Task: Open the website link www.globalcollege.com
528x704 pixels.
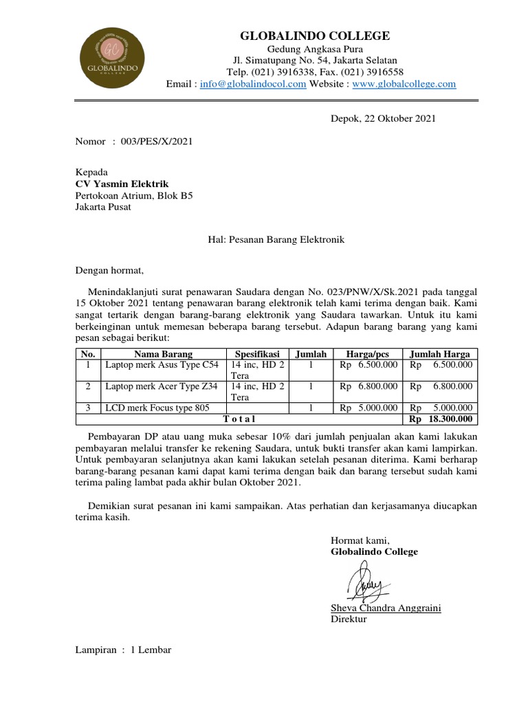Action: tap(404, 84)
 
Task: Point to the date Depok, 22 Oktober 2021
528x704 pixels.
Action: tap(379, 118)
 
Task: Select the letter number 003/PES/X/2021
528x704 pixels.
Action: tap(157, 142)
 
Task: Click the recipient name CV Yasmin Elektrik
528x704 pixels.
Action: tap(122, 184)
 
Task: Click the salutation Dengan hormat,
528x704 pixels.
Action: tap(110, 270)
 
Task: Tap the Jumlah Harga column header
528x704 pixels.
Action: tap(439, 354)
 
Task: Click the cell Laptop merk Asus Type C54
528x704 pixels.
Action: tap(162, 365)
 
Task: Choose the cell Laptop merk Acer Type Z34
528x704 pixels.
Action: tap(162, 386)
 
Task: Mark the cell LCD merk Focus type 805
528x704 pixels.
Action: tap(157, 408)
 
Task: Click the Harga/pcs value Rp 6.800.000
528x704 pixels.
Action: tap(368, 386)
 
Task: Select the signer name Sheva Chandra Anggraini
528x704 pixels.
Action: tap(385, 608)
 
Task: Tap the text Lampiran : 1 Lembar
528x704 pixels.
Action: tap(123, 650)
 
